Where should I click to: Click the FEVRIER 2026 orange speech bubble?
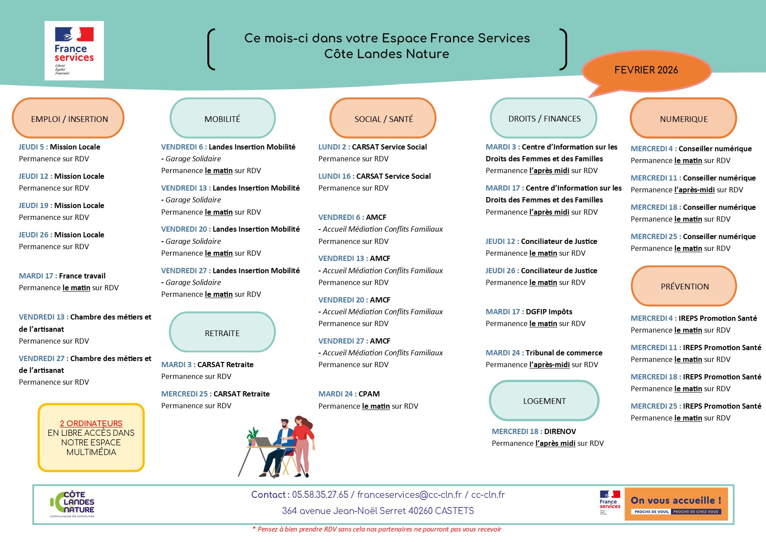646,70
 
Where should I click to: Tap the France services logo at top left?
74,51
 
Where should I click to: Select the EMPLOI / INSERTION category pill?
69,118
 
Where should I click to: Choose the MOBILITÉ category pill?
222,118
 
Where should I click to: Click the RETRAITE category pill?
222,333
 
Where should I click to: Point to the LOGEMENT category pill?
544,401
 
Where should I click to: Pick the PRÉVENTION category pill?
684,286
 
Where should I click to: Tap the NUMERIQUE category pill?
683,118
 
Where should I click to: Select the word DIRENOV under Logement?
560,431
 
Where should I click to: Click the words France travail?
82,276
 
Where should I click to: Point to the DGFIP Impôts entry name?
549,312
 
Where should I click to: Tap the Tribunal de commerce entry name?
564,353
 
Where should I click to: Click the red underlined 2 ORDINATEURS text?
91,423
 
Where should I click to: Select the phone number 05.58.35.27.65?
320,495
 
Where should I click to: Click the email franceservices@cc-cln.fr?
409,495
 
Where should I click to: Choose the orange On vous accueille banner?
676,504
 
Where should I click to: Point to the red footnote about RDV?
377,529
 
